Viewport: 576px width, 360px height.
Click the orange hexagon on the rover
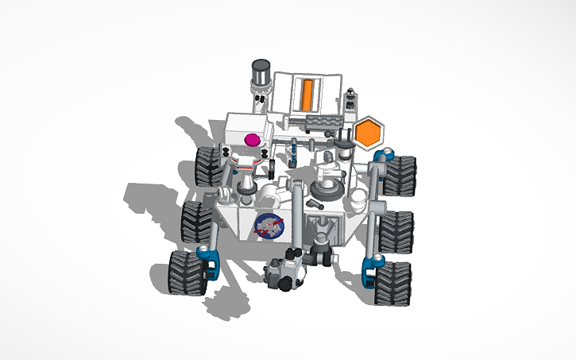pyautogui.click(x=367, y=133)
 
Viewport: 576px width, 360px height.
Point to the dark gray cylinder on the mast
pyautogui.click(x=261, y=70)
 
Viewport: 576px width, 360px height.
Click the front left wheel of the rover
pyautogui.click(x=185, y=271)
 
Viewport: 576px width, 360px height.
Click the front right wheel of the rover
pyautogui.click(x=394, y=281)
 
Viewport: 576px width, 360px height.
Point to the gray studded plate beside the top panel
pyautogui.click(x=326, y=121)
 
